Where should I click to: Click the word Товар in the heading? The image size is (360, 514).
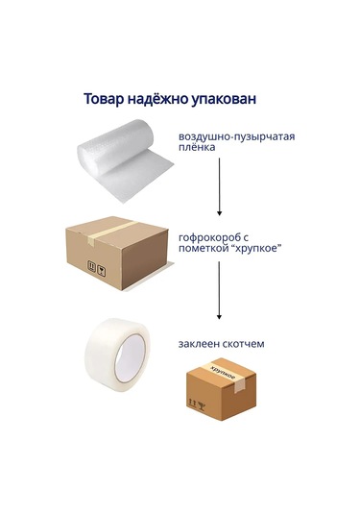(x=104, y=99)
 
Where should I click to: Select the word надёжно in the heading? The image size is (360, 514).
(x=157, y=99)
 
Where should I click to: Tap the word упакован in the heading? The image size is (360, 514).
(x=224, y=100)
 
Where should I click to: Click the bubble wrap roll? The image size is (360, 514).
(x=125, y=160)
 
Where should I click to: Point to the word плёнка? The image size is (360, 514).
(x=197, y=147)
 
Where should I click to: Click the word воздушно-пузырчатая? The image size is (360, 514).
(x=236, y=136)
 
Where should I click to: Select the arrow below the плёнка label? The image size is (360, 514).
(x=219, y=186)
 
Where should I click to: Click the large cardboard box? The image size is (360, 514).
(x=117, y=253)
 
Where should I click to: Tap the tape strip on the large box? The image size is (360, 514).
(x=110, y=232)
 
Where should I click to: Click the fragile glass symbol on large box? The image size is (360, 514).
(x=102, y=272)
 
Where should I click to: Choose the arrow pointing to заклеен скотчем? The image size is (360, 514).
(x=219, y=290)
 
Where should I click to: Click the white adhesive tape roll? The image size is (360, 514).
(x=116, y=355)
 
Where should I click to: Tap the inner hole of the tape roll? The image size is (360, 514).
(x=131, y=358)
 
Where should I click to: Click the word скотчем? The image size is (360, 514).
(x=243, y=344)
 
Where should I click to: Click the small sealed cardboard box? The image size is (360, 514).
(x=221, y=389)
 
